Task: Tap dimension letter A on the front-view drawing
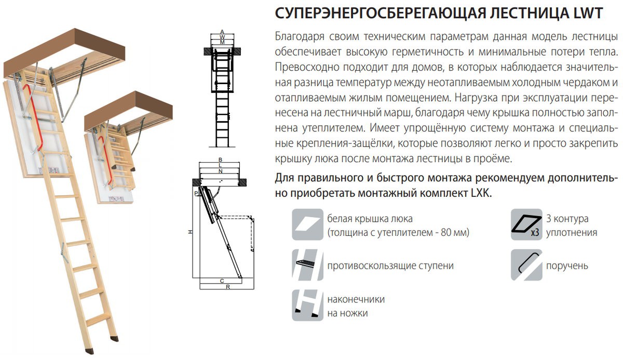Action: pyautogui.click(x=222, y=32)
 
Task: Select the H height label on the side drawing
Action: pyautogui.click(x=191, y=232)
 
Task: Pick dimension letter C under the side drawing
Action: pyautogui.click(x=222, y=281)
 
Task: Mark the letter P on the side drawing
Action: pyautogui.click(x=196, y=193)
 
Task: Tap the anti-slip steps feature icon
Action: pyautogui.click(x=307, y=265)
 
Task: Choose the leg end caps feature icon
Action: pyautogui.click(x=307, y=306)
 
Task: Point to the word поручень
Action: pyautogui.click(x=567, y=266)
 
